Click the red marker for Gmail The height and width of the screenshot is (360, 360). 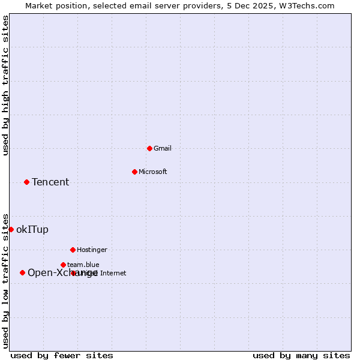click(149, 148)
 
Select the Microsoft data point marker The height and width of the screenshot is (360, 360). click(134, 172)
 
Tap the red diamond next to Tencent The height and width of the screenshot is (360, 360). click(26, 182)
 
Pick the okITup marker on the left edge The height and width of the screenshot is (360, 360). click(11, 229)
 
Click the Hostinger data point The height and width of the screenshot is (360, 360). click(73, 250)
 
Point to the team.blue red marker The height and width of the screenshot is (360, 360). click(63, 265)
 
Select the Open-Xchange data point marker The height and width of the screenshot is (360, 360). click(22, 272)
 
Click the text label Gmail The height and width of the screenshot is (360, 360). click(162, 148)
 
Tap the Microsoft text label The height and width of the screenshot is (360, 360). click(153, 172)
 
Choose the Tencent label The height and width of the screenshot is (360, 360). click(50, 182)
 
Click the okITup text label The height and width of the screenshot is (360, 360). click(32, 229)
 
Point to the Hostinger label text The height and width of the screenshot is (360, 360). click(92, 250)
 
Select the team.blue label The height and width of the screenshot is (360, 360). click(83, 265)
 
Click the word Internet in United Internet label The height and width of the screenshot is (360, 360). click(113, 273)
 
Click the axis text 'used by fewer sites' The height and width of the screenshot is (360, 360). click(62, 355)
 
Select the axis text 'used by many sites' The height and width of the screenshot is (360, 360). click(301, 355)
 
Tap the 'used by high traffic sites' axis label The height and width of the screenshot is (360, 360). click(6, 85)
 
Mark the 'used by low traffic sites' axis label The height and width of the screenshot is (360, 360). click(6, 281)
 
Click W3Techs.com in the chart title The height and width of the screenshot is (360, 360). click(305, 5)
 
